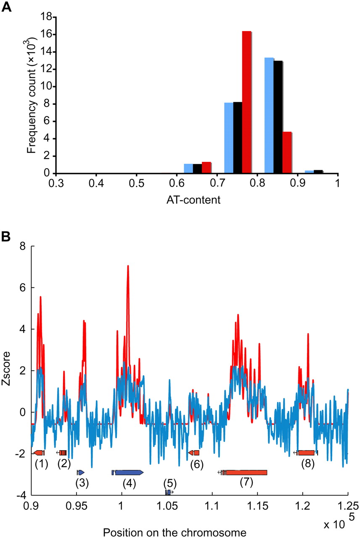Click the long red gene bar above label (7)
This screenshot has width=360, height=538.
(246, 472)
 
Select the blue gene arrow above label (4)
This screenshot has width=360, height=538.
(129, 472)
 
